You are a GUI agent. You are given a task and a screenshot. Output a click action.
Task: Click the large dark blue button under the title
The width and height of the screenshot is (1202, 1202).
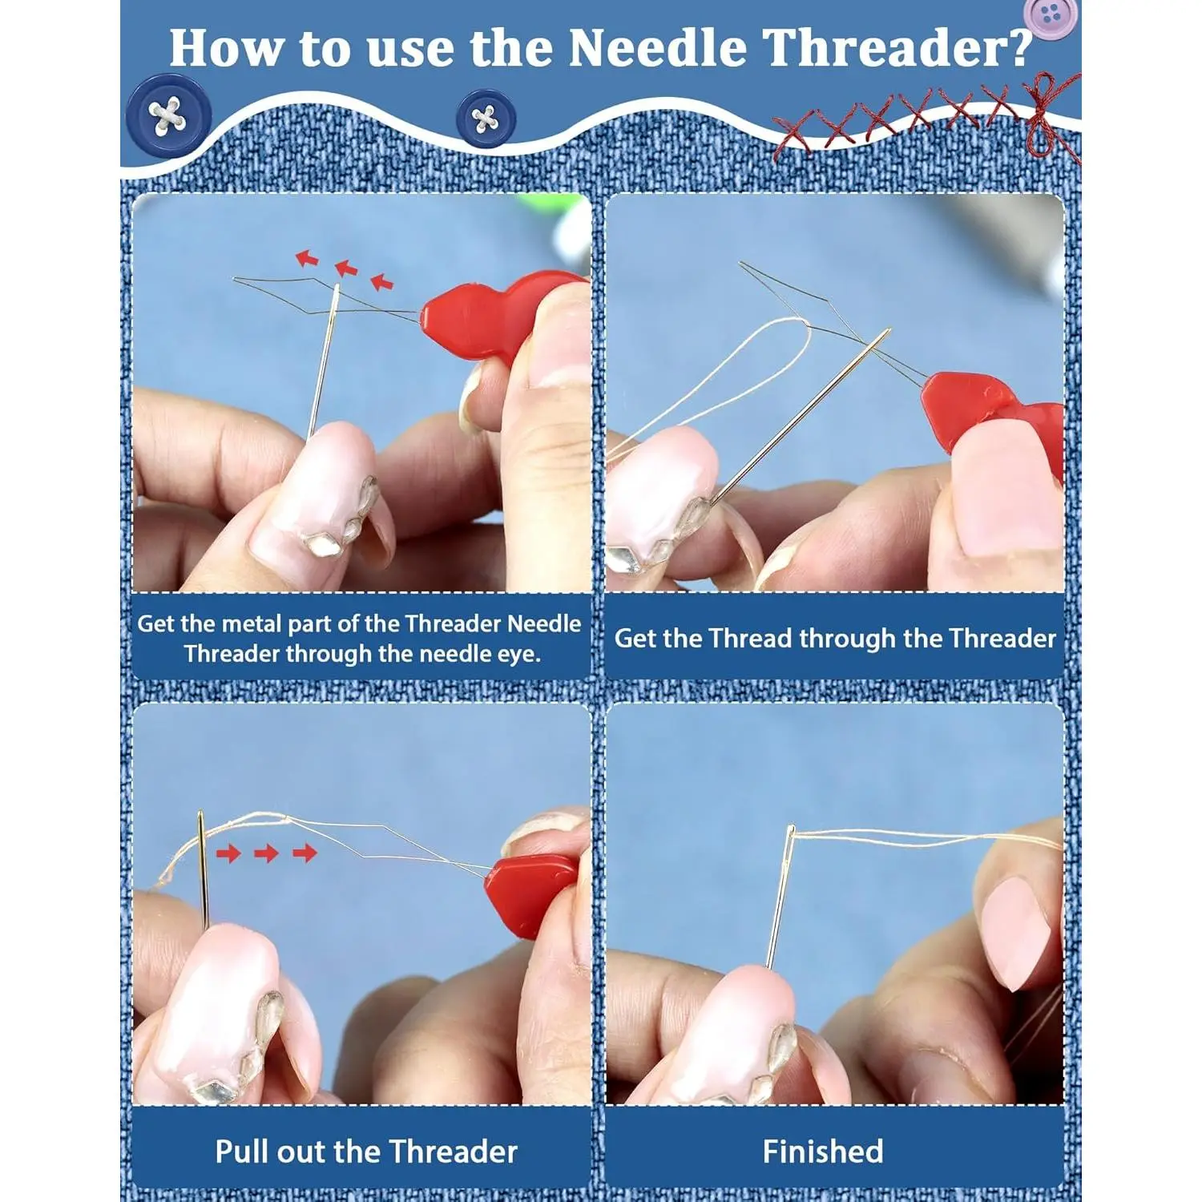pos(168,117)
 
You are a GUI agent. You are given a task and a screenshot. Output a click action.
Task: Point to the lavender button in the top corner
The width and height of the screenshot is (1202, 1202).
pos(1051,16)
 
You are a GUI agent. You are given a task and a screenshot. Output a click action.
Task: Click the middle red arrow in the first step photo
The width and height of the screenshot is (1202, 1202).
pos(346,269)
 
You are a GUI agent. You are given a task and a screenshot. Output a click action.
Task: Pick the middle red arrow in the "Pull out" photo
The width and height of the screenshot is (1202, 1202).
pos(266,853)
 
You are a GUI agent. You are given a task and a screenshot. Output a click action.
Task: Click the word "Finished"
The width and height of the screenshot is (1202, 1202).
pos(823,1152)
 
